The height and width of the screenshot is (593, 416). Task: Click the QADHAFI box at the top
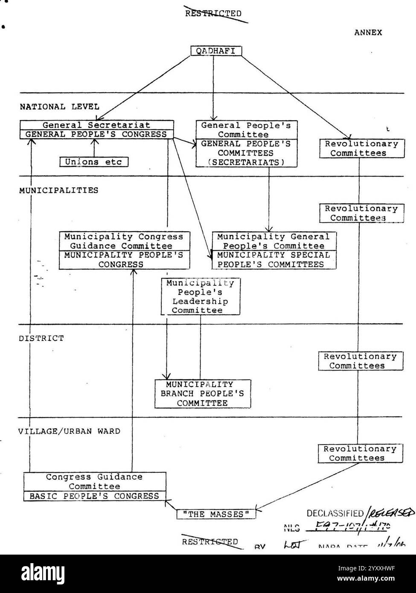pos(215,51)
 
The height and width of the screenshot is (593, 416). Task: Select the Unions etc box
pos(93,162)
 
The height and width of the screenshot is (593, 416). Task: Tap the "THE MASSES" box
pos(216,515)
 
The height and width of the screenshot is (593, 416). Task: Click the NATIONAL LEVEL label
pos(59,107)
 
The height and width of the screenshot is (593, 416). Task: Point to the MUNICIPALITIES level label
pos(58,190)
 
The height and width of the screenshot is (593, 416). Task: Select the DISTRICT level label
pos(41,338)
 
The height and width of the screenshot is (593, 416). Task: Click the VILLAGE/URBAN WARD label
pos(69,431)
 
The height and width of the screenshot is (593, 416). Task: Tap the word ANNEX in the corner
pos(368,32)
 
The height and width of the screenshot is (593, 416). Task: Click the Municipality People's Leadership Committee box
pos(200,296)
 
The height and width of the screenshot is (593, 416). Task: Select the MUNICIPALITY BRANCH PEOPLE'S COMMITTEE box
pos(202,394)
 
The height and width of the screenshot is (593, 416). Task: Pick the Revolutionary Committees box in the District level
pos(360,361)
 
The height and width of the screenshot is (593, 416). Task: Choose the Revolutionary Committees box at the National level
pos(361,148)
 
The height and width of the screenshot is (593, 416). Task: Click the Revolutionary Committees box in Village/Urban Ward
pos(360,453)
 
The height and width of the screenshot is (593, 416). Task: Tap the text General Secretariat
pos(96,125)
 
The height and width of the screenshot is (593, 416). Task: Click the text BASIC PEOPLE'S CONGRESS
pos(94,496)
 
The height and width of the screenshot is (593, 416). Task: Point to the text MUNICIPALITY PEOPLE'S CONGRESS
pos(124,260)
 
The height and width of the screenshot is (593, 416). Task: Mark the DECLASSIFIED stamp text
pos(335,513)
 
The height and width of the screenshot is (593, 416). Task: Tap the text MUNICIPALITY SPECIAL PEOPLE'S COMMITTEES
pos(273,260)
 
